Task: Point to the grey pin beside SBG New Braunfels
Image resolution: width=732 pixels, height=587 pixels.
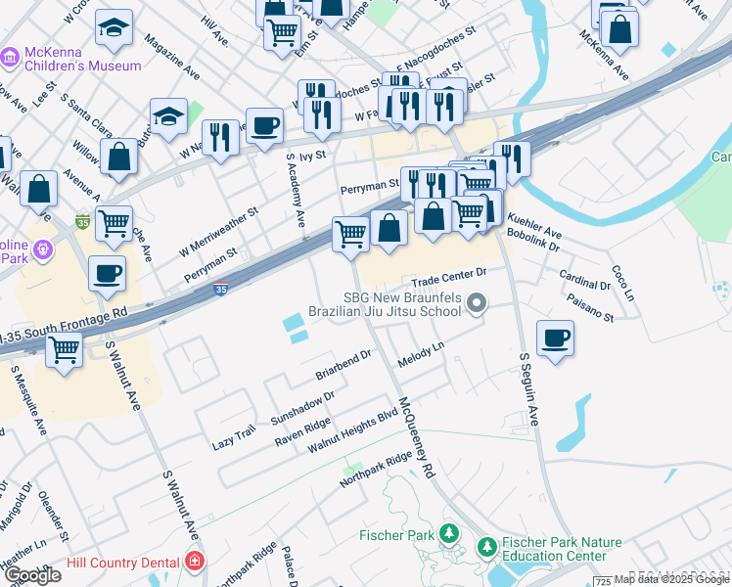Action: pyautogui.click(x=477, y=305)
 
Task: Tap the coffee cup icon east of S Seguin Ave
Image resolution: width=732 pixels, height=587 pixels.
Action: pyautogui.click(x=555, y=339)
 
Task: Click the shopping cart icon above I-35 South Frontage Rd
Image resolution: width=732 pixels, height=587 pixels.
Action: pyautogui.click(x=65, y=348)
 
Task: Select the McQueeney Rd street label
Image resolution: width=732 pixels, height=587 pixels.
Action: pyautogui.click(x=416, y=435)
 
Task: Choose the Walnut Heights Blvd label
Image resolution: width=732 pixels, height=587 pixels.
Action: pyautogui.click(x=352, y=430)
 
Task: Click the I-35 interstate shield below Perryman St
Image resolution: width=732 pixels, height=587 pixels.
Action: pyautogui.click(x=221, y=291)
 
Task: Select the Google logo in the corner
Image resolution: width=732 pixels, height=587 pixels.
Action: pyautogui.click(x=33, y=575)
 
